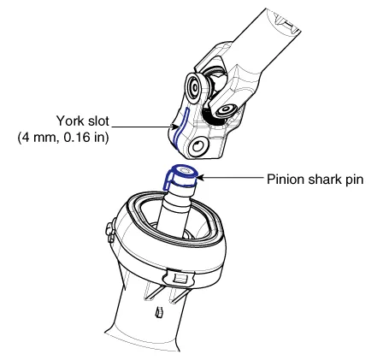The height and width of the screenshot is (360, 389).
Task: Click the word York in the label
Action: [70, 121]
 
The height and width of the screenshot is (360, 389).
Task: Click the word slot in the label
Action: [97, 121]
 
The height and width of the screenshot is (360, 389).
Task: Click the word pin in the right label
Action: [354, 180]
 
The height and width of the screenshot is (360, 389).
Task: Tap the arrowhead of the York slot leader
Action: [174, 127]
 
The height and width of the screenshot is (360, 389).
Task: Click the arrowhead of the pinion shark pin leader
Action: [200, 178]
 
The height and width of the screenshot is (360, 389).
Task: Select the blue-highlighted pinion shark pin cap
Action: [180, 177]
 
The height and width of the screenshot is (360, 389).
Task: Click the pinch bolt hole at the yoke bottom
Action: [197, 147]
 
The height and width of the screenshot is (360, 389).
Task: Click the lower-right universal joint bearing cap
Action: [227, 110]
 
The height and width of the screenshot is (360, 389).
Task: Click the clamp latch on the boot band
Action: [178, 276]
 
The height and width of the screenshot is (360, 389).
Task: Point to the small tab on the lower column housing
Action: [158, 312]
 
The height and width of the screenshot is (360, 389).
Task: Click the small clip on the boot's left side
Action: [110, 229]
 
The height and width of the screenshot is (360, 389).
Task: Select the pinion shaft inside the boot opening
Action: [174, 211]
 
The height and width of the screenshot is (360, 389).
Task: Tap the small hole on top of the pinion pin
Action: [186, 171]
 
